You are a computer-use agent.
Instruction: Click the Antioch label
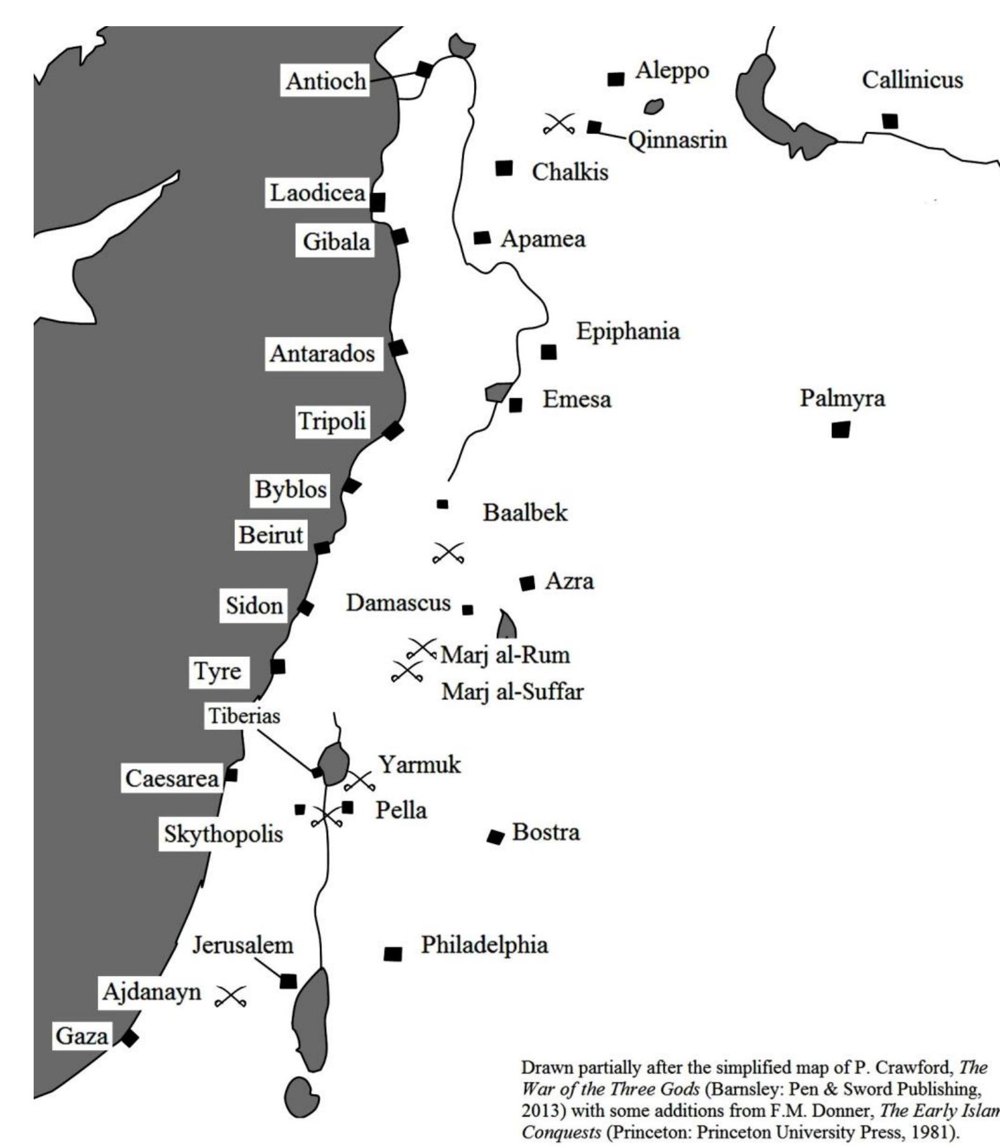[325, 80]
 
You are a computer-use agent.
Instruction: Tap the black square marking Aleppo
[616, 79]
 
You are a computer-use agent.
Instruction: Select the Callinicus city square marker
[890, 121]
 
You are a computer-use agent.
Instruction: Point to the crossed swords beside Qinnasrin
[559, 124]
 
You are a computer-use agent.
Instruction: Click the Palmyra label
[842, 397]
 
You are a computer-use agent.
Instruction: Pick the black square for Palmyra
[840, 430]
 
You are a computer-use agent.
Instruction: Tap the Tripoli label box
[332, 421]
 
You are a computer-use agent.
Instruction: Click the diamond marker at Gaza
[130, 1039]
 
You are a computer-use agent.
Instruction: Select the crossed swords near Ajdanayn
[230, 996]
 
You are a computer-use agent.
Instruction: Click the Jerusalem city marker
[288, 981]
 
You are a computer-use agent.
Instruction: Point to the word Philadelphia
[484, 944]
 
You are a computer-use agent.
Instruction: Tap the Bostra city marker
[496, 837]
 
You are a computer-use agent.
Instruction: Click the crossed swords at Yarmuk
[360, 780]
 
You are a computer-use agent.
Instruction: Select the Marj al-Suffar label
[512, 691]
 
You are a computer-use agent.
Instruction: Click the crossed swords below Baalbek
[449, 553]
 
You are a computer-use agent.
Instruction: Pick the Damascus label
[398, 603]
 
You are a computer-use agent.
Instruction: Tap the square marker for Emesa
[516, 405]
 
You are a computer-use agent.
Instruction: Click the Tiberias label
[244, 716]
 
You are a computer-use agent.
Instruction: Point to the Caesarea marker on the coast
[231, 775]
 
